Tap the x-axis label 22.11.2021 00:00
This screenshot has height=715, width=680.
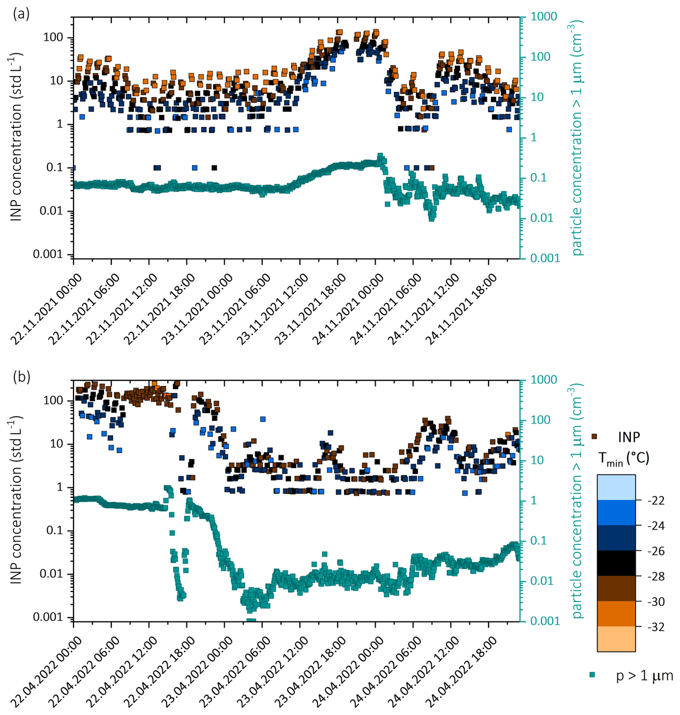click(46, 310)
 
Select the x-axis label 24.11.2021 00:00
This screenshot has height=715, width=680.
click(348, 310)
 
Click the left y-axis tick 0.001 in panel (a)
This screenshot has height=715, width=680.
click(48, 254)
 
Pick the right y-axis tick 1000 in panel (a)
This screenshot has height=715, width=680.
click(544, 17)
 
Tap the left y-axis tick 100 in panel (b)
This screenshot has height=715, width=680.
click(53, 401)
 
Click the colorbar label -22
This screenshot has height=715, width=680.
click(656, 501)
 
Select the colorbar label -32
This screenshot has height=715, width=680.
click(656, 627)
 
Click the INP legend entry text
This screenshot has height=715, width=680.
click(629, 437)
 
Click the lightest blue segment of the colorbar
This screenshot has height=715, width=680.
click(616, 487)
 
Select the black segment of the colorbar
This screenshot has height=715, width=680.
click(616, 563)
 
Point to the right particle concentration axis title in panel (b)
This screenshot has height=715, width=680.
click(575, 501)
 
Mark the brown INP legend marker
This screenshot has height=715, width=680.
click(595, 436)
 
